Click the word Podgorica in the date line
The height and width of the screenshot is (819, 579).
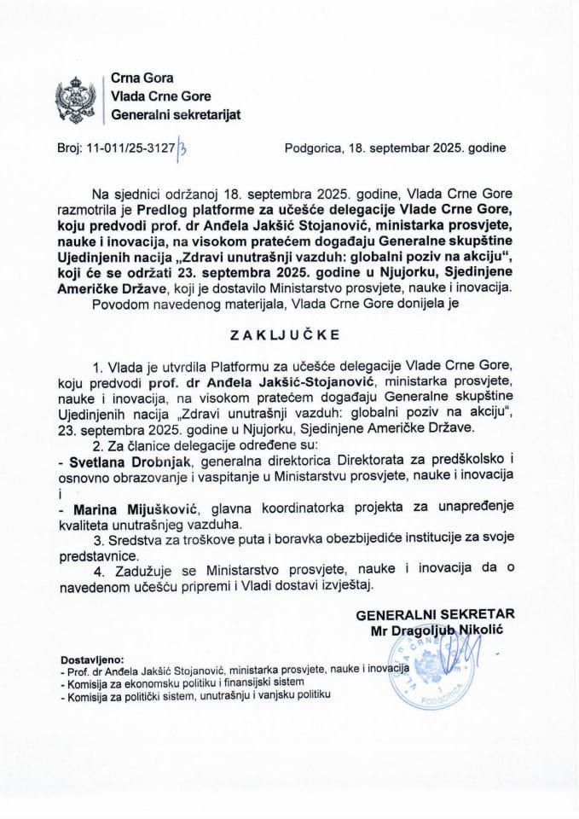(313, 147)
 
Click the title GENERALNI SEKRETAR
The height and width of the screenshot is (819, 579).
(435, 614)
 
